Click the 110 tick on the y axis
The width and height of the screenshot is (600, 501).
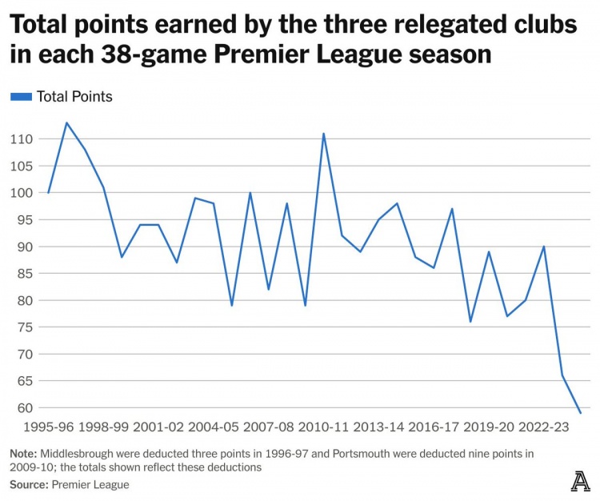coord(22,139)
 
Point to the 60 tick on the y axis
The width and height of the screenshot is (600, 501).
coord(22,408)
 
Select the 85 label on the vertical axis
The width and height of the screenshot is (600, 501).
coord(22,274)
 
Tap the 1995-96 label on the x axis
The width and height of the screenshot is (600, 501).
coord(48,428)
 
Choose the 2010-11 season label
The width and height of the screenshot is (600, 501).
coord(324,428)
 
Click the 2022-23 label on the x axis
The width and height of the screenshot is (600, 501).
coord(544,428)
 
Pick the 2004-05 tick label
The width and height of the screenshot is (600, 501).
coord(214,428)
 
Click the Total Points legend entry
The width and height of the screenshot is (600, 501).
coord(62,97)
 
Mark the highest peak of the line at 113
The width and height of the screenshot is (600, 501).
coord(66,122)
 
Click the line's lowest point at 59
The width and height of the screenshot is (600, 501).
coord(581,413)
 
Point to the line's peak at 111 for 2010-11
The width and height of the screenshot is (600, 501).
coord(324,134)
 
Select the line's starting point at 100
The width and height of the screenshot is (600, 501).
coord(49,193)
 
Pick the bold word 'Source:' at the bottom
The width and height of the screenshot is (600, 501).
coord(29,484)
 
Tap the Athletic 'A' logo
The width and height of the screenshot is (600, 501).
coord(580,481)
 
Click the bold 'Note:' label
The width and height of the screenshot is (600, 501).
coord(26,454)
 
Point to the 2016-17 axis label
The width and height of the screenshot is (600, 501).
coord(434,428)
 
